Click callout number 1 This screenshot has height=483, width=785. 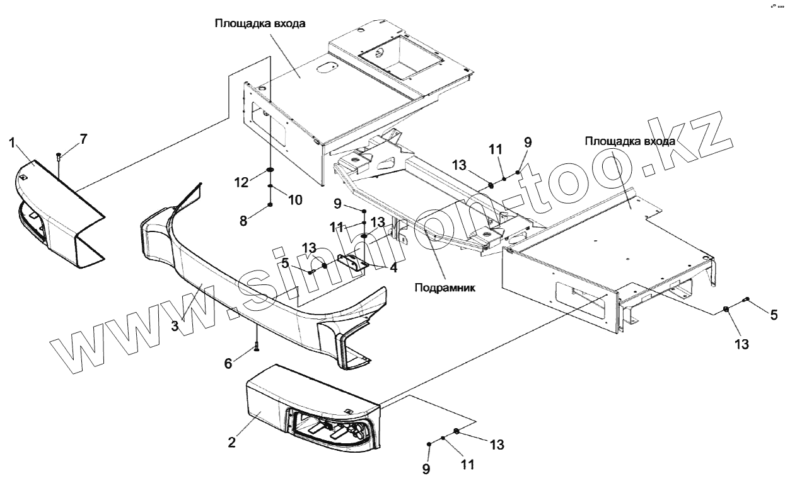click(x=12, y=143)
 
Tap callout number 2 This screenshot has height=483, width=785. click(x=232, y=442)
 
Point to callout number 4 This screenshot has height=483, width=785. click(x=394, y=267)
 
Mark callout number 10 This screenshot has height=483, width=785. click(x=295, y=200)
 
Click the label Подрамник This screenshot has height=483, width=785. click(x=445, y=288)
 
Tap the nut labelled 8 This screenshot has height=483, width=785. click(x=270, y=204)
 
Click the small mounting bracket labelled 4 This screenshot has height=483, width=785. click(x=354, y=262)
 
